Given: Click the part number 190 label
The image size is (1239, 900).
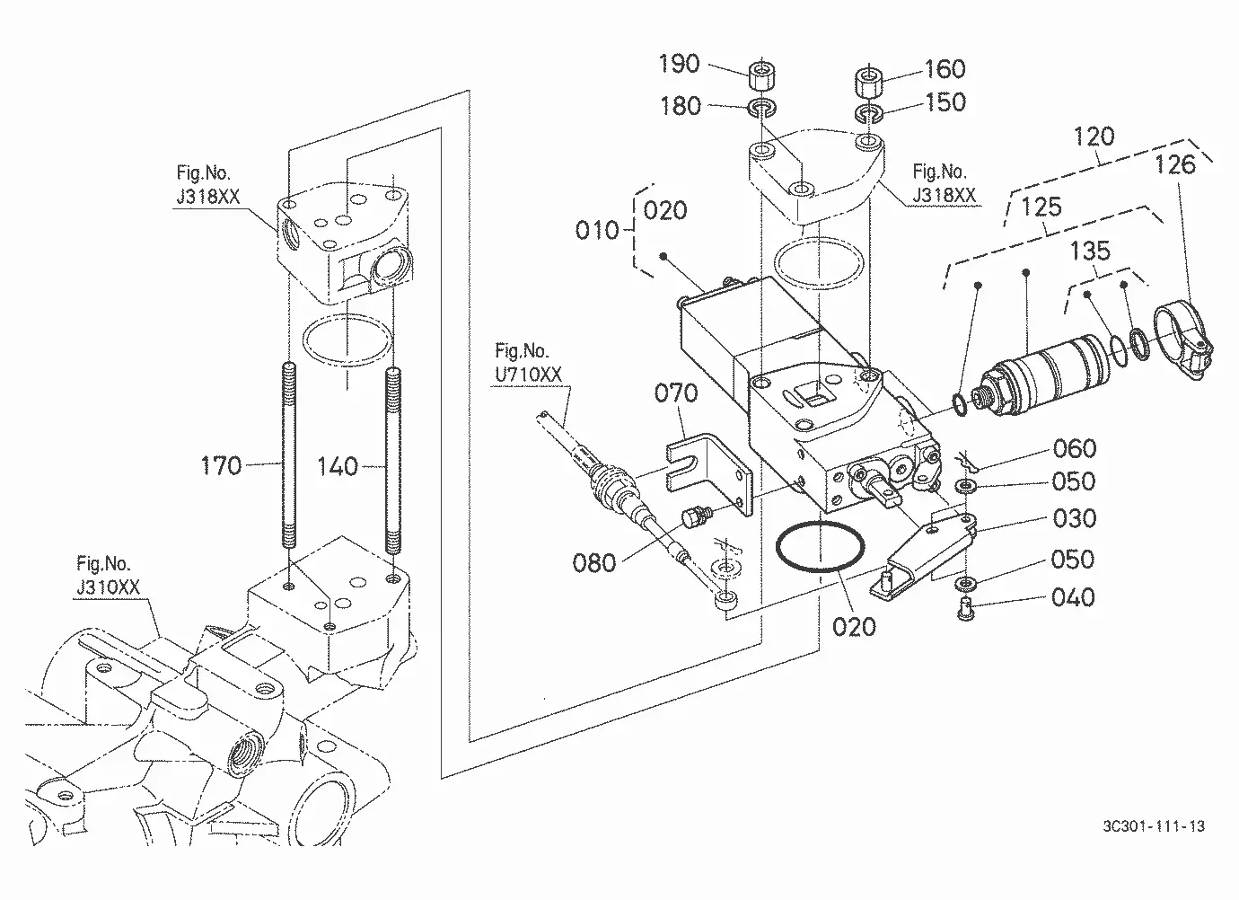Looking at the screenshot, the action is coord(679,64).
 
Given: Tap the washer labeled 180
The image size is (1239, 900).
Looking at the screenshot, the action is coord(761,108).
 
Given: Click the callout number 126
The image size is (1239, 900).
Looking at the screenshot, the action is coord(1175,165).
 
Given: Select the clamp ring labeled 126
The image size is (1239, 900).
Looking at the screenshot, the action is coord(1183,339).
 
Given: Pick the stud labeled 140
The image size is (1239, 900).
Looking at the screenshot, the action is coord(392,461).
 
